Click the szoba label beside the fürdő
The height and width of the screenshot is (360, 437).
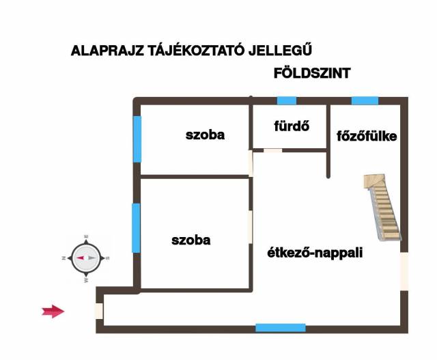point(205,135)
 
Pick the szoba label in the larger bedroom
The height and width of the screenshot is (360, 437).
point(191,240)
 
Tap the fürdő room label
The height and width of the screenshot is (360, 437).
point(292,126)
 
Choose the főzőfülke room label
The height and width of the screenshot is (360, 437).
point(367,136)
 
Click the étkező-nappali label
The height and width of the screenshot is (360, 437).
point(314,253)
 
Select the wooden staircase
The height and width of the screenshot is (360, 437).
point(382,205)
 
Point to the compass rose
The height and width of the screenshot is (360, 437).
point(86,258)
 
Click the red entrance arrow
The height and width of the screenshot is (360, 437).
point(53,311)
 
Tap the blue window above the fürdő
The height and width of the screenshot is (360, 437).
point(287,100)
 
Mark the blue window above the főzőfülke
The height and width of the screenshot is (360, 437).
point(365,100)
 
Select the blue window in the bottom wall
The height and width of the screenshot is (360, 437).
point(280,328)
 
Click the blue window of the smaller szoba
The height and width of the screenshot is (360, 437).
point(137,139)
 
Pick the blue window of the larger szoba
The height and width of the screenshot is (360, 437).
point(137,227)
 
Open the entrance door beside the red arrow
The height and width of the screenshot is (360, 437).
point(100,311)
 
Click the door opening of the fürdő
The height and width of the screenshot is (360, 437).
point(272,150)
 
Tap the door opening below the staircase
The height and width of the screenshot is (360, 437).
point(404,270)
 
